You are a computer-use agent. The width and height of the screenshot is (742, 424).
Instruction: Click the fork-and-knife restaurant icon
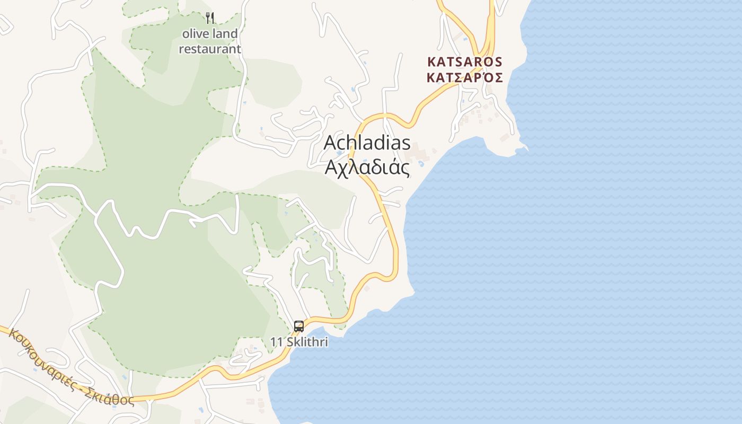pyautogui.click(x=210, y=18)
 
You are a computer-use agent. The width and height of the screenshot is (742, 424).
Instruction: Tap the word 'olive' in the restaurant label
pyautogui.click(x=196, y=34)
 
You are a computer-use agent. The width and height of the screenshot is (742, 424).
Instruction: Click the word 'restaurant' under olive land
pyautogui.click(x=210, y=49)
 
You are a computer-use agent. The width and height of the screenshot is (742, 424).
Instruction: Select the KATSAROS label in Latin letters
pyautogui.click(x=464, y=62)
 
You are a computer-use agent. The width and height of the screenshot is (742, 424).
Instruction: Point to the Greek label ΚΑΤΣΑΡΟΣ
pyautogui.click(x=464, y=77)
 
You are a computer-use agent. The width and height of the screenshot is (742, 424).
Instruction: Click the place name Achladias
pyautogui.click(x=367, y=143)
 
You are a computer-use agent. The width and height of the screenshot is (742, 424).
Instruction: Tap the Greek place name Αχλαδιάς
pyautogui.click(x=367, y=167)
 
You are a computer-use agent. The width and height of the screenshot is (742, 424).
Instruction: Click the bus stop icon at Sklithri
pyautogui.click(x=299, y=326)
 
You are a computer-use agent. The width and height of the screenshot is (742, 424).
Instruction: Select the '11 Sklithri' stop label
pyautogui.click(x=299, y=342)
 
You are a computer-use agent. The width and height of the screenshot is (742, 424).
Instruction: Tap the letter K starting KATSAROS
pyautogui.click(x=431, y=62)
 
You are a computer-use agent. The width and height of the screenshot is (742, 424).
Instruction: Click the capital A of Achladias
pyautogui.click(x=330, y=143)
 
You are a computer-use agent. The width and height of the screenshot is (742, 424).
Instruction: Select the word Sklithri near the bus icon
pyautogui.click(x=307, y=342)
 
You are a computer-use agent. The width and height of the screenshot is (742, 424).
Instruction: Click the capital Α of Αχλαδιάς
pyautogui.click(x=330, y=167)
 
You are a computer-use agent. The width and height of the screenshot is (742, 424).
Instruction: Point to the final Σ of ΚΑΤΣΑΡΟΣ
pyautogui.click(x=498, y=77)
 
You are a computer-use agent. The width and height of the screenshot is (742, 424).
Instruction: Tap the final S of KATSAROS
pyautogui.click(x=498, y=62)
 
